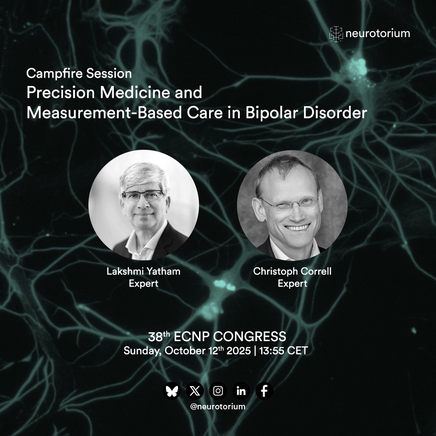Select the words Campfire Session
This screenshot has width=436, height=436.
click(79, 74)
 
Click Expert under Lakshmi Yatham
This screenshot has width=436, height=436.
click(143, 284)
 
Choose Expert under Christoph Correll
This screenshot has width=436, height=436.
click(292, 284)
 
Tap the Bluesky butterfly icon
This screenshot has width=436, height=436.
click(172, 391)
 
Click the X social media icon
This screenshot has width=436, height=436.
click(195, 391)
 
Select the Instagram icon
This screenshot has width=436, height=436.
click(218, 391)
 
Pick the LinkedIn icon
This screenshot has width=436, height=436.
click(241, 391)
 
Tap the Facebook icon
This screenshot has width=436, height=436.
click(264, 391)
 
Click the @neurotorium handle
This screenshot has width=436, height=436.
click(218, 407)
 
